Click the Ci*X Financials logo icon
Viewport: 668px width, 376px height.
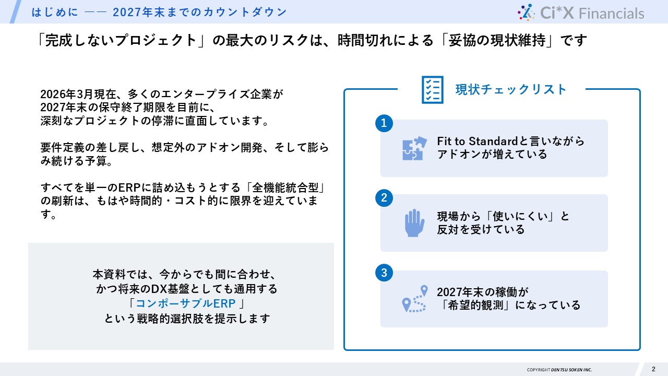point(526,12)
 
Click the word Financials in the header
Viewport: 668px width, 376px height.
point(612,13)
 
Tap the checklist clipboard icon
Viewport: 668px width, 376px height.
point(432,90)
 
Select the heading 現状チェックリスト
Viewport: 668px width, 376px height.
point(510,89)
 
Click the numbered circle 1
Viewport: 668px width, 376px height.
point(384,123)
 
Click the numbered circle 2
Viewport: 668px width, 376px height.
point(384,198)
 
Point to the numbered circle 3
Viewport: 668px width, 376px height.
point(384,273)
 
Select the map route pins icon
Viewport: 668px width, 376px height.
point(414,299)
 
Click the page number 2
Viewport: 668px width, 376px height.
point(653,369)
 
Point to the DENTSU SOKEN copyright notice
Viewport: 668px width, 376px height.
point(559,370)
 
